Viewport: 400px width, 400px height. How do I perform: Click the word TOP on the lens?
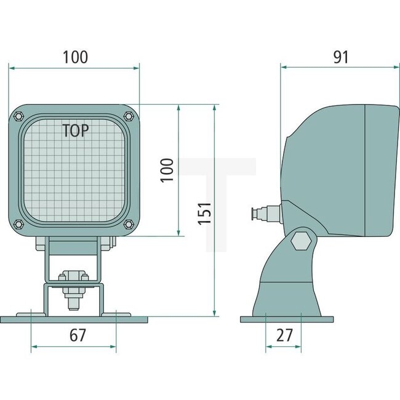point(75,130)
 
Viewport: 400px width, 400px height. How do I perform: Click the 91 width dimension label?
point(340,57)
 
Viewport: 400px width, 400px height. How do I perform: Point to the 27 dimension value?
point(284,335)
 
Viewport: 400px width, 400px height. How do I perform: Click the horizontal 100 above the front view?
point(75,57)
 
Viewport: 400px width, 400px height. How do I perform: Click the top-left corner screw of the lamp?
point(18,115)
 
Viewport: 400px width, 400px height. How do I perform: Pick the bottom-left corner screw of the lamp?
point(18,223)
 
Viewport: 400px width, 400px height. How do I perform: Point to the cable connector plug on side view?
point(262,214)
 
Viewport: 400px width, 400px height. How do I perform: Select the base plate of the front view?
point(74,319)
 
